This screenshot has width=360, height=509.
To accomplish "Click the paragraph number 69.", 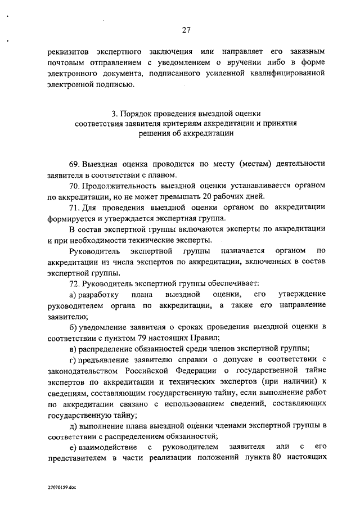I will click(74, 164).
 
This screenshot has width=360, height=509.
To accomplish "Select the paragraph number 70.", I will click(74, 185).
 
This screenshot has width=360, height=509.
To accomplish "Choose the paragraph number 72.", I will click(74, 284).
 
